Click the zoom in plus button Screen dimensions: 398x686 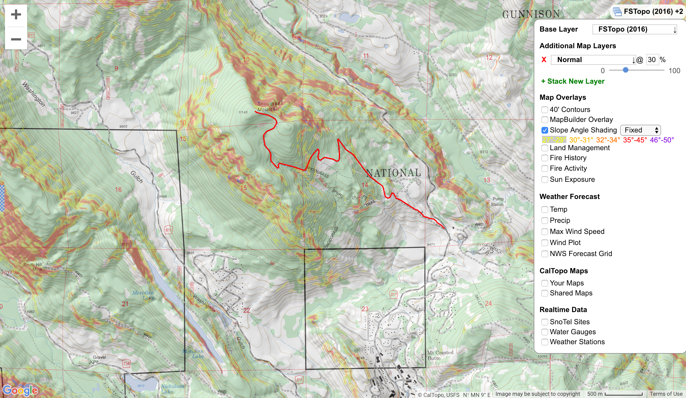pyautogui.click(x=16, y=15)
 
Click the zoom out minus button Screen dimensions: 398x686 pyautogui.click(x=16, y=39)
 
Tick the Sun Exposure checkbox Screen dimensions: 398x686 pyautogui.click(x=545, y=180)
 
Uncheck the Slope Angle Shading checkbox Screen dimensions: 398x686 pyautogui.click(x=545, y=130)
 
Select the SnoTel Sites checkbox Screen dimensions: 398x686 pyautogui.click(x=545, y=322)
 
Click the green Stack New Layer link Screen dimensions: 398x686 pyautogui.click(x=572, y=81)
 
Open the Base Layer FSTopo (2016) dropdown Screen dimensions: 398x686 pyautogui.click(x=635, y=29)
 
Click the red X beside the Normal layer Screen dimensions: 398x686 pyautogui.click(x=544, y=60)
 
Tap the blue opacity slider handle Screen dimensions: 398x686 pyautogui.click(x=625, y=70)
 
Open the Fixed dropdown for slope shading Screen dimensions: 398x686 pyautogui.click(x=640, y=130)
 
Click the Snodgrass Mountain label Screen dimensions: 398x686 pyautogui.click(x=270, y=106)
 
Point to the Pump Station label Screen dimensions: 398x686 pyautogui.click(x=497, y=201)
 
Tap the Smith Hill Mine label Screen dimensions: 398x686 pyautogui.click(x=33, y=267)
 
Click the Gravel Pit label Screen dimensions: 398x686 pyautogui.click(x=99, y=359)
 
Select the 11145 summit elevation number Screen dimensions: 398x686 pyautogui.click(x=243, y=112)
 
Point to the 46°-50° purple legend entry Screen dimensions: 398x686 pyautogui.click(x=662, y=140)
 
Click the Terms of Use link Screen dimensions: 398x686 pyautogui.click(x=666, y=394)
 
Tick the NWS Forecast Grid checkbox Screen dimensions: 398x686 pyautogui.click(x=545, y=254)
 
